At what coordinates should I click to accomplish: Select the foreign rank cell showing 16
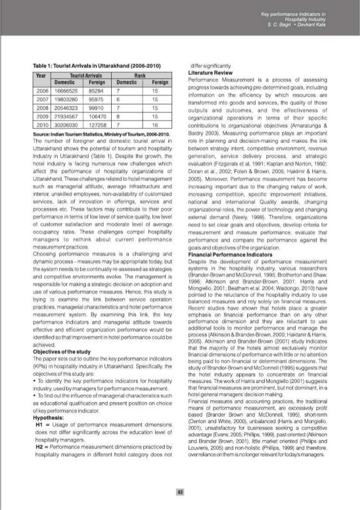point(153,123)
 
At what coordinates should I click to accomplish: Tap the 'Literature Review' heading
point(210,73)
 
